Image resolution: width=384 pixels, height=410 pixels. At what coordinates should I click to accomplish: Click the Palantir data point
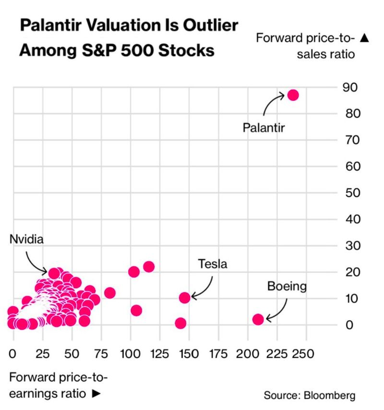point(293,95)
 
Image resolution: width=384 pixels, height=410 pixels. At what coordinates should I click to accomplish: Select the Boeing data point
point(258,319)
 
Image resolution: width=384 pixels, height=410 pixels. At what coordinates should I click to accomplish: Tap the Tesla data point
point(185,298)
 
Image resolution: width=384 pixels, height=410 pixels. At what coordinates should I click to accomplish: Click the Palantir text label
point(264,128)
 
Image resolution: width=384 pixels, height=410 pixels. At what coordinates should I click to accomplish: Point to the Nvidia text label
point(26,239)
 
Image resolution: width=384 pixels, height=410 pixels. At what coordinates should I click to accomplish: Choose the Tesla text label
point(212,264)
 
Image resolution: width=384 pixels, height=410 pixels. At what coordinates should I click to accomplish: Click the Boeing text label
point(287,287)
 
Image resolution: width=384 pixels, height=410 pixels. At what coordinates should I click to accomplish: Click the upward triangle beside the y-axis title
point(364,38)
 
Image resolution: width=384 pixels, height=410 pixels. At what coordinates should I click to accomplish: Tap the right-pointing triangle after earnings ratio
point(96,393)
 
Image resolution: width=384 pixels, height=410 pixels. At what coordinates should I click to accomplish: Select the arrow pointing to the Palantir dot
point(273,102)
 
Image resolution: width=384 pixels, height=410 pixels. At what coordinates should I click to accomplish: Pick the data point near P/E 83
point(109,293)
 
